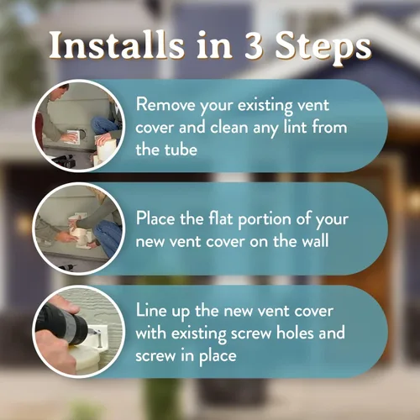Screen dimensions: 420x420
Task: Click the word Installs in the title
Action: pos(117,45)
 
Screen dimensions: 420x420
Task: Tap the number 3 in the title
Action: pos(254,45)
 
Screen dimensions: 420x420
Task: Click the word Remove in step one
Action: pos(165,105)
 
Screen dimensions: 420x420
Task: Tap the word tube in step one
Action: pos(181,150)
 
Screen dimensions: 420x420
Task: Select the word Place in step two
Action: pos(155,218)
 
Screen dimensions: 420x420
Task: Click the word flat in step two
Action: pos(221,218)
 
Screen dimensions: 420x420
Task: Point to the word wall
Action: pos(316,240)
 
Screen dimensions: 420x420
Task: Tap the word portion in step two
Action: pos(265,219)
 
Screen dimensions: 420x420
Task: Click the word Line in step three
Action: pos(151,310)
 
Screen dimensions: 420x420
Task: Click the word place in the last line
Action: pos(218,356)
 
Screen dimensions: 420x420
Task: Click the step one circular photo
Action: pos(79,126)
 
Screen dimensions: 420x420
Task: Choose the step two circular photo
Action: pos(79,228)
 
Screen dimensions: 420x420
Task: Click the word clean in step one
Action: pos(229,127)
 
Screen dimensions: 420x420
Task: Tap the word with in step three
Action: pos(151,333)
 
